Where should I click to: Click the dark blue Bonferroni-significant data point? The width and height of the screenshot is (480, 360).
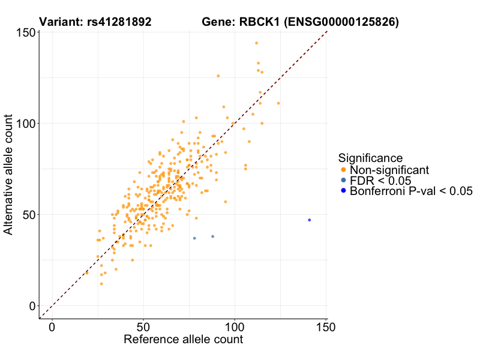pos(310,220)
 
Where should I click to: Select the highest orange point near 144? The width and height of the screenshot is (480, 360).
pos(256,43)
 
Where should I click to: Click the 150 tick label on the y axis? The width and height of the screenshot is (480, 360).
pos(24,32)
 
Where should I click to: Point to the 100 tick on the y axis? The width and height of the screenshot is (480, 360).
pos(24,124)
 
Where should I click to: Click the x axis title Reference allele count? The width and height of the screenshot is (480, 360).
pos(183,340)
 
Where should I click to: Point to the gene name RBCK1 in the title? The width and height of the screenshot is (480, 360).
pos(260,23)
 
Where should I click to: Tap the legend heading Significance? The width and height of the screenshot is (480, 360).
pos(370,158)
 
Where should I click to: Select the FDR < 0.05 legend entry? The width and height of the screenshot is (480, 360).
pos(380,181)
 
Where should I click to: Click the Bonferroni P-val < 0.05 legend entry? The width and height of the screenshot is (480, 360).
pos(411,191)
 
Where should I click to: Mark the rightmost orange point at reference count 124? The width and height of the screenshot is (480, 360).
pos(278,103)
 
